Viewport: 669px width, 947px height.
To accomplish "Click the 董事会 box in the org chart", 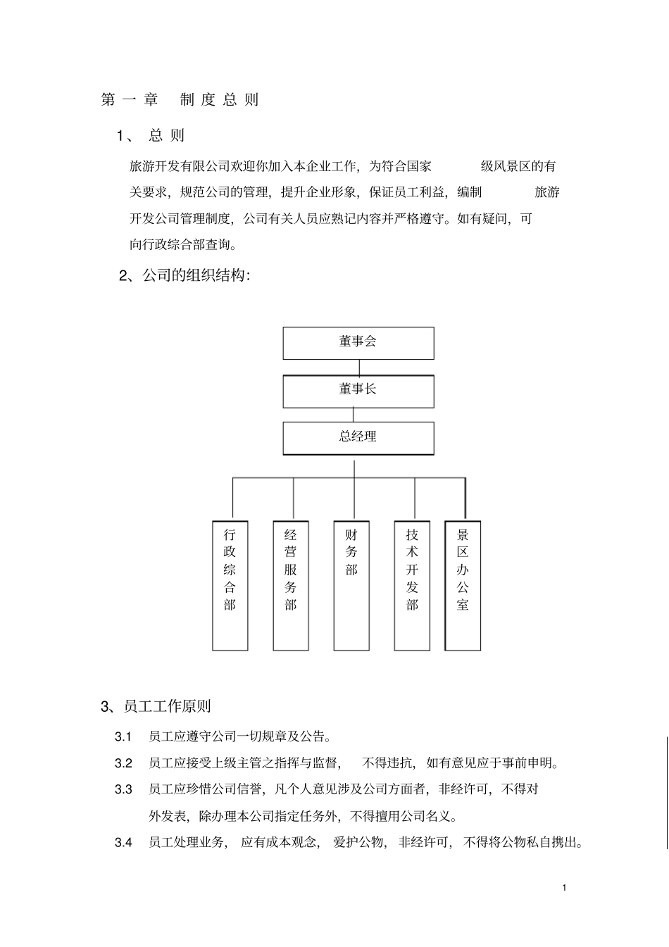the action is click(x=358, y=343).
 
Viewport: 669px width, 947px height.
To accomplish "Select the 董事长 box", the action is click(x=358, y=391).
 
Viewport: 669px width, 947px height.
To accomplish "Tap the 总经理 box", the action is click(x=358, y=438).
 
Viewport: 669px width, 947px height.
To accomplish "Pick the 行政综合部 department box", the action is click(x=230, y=584).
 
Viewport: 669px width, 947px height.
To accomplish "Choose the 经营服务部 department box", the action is click(x=291, y=584).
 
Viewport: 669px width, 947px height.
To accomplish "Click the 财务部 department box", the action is click(x=351, y=584).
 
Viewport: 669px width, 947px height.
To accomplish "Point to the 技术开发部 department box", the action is click(x=412, y=584).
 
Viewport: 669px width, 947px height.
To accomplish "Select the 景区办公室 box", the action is click(x=463, y=584).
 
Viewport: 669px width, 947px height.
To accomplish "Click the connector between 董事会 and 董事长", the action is click(x=359, y=368).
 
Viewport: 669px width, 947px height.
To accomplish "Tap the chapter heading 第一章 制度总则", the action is click(x=180, y=100).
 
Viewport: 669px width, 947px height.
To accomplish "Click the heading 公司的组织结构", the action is click(x=185, y=276).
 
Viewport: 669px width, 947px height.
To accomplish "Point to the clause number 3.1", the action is click(x=123, y=737).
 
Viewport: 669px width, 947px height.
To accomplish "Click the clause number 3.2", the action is click(x=123, y=763).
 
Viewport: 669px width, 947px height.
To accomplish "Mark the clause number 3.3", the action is click(x=123, y=790).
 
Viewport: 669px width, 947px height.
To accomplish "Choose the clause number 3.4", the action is click(x=123, y=843).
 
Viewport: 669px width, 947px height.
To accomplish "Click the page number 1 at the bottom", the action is click(x=565, y=887).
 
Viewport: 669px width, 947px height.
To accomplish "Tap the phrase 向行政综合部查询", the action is click(x=183, y=245).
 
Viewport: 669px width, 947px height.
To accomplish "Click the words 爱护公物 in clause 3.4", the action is click(x=359, y=843).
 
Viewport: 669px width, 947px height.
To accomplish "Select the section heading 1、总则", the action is click(x=151, y=136).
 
